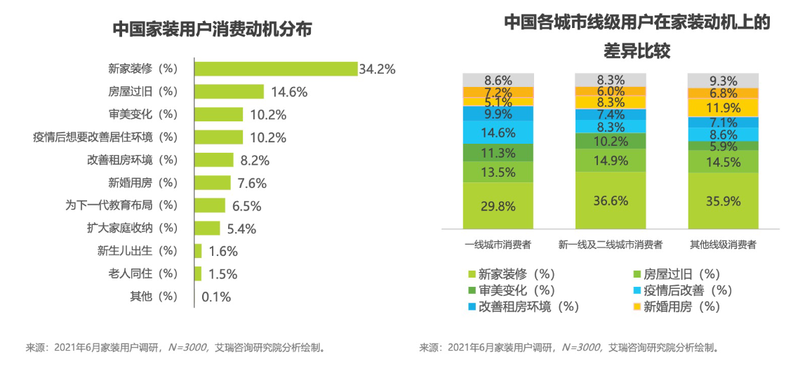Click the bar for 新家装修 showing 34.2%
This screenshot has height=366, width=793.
coord(275,69)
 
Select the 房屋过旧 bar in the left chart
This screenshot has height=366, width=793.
coord(229,92)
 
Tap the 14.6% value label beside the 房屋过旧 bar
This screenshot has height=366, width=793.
coord(286,92)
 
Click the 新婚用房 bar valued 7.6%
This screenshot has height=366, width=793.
coord(212,182)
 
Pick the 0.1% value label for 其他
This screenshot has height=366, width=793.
coord(216,297)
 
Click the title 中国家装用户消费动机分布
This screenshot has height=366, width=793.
coord(213,29)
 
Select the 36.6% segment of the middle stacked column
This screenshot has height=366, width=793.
coord(611,200)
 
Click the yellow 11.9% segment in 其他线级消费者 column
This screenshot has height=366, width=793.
coord(724,108)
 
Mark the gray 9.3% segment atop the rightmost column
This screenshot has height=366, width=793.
coord(724,81)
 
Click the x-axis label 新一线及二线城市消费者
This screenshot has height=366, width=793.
coord(611,245)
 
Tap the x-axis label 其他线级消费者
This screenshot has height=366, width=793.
coord(723,245)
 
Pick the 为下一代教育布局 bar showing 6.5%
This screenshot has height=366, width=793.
coord(209,205)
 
